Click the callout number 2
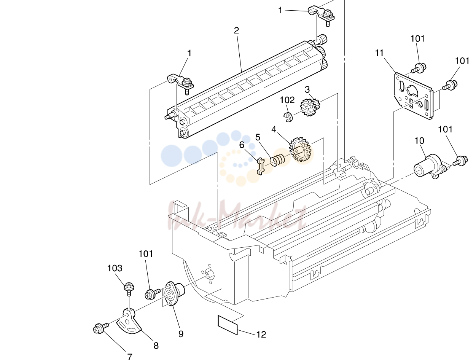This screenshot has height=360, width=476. pos(236,30)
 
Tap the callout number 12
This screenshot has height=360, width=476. pos(261,335)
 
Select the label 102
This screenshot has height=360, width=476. pos(287,100)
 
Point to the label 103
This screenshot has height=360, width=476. pos(115,268)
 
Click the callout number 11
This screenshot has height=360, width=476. pos(379,53)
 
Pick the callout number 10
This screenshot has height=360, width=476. pos(419,141)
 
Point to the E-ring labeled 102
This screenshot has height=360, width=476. pos(288,117)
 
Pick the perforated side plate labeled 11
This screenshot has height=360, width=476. pos(413,96)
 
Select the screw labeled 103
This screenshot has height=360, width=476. pos(129,288)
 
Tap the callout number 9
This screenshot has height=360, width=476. pos(181,334)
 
